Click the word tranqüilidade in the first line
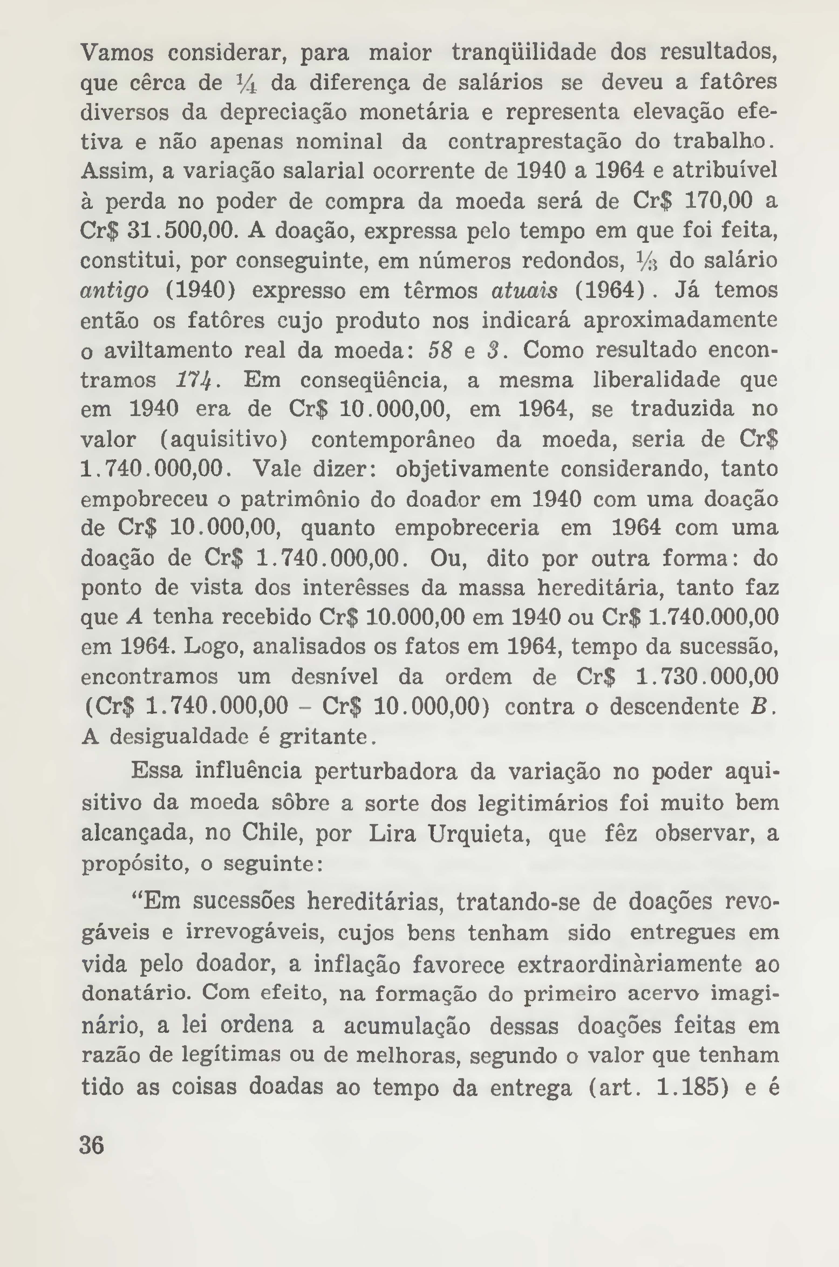(x=524, y=53)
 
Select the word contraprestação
(x=534, y=142)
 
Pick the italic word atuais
(x=524, y=291)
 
